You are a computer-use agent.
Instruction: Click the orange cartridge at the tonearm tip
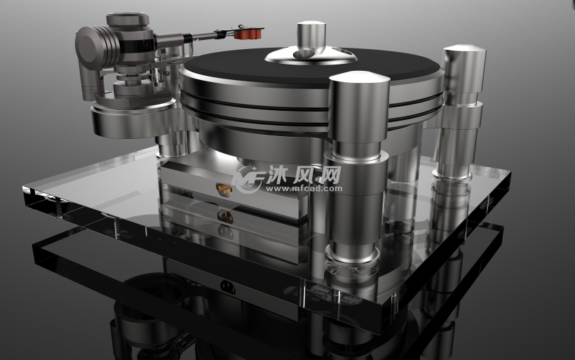point(250,32)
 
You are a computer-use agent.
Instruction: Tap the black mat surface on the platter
point(231,64)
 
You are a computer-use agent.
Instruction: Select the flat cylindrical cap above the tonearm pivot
point(130,21)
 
